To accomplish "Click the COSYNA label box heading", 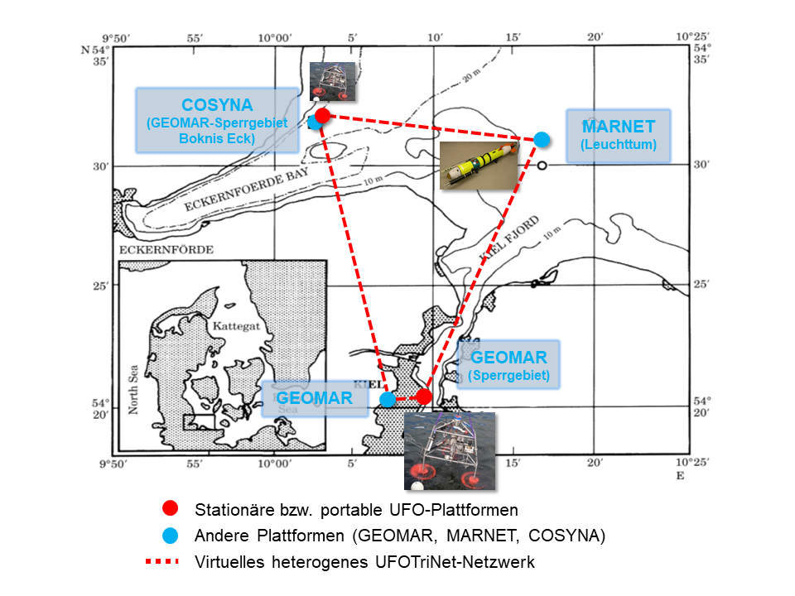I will coord(217,105).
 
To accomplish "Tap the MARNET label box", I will coord(618,134).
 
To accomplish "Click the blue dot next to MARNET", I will coord(542,139).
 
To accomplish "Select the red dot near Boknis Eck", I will coord(323,115).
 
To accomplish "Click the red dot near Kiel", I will coord(423,397).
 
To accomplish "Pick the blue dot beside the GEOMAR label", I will coord(387,399).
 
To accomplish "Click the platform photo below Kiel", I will coord(449,450).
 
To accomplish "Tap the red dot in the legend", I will coord(171,508).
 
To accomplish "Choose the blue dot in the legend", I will coord(171,535).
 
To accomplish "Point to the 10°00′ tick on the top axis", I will coord(275,38).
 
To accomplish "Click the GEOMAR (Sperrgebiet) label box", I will coord(508,364).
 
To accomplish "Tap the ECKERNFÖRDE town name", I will coord(166,249).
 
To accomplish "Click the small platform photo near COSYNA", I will coord(332,81).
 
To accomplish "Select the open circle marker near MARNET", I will coord(542,166).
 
